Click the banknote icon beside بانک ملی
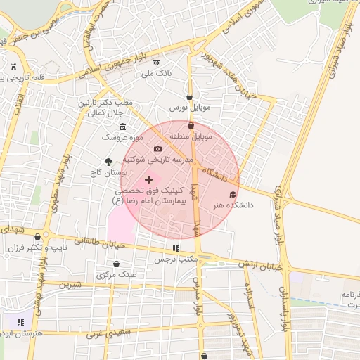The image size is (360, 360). coord(156,63)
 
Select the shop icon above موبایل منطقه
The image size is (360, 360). coord(191,125)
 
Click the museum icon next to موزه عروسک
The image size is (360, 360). coord(123,127)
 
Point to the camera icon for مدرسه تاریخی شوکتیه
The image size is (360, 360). coord(157,148)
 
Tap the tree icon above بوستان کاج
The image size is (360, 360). coord(108,161)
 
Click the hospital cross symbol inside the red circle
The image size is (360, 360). coord(148,180)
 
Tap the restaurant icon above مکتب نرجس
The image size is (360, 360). coord(175,248)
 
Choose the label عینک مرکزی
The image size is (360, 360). coord(118,274)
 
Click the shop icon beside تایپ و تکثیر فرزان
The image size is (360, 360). coord(47,237)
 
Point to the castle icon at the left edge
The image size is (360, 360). coord(14,67)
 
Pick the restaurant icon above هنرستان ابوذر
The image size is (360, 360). coord(20,322)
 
